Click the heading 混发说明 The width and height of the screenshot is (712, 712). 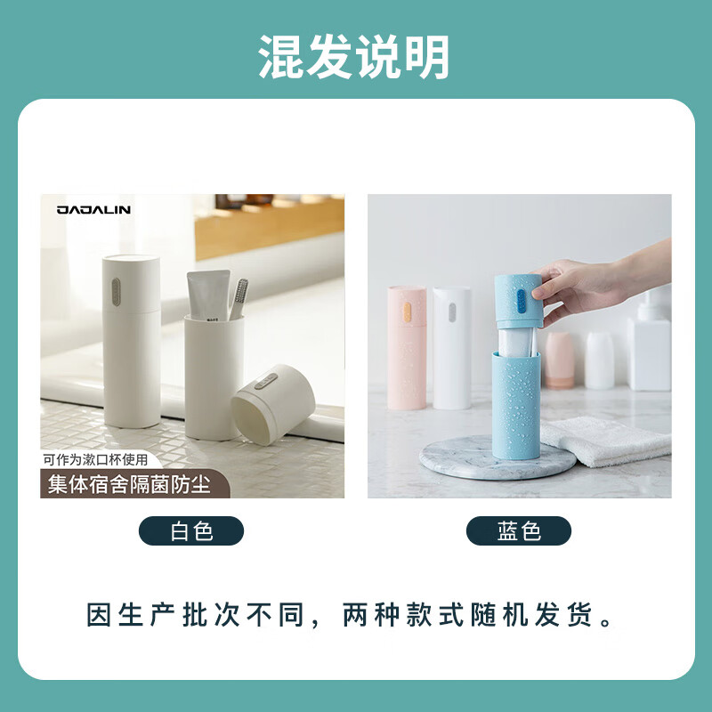point(354,58)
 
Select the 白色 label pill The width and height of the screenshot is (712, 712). point(191,531)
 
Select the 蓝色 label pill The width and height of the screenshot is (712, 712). point(519,531)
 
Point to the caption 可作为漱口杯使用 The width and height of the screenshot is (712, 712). point(101,460)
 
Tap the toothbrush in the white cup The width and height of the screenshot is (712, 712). point(239,299)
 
